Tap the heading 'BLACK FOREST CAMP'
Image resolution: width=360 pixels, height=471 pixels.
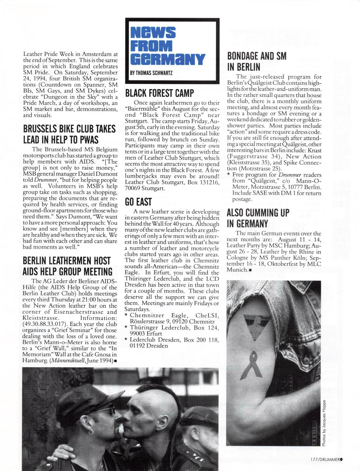point(159,93)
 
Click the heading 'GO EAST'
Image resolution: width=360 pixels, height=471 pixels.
point(138,202)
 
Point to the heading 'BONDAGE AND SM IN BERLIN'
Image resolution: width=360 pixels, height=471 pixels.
point(257,61)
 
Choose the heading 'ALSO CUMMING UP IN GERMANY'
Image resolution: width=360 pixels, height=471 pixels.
point(258,218)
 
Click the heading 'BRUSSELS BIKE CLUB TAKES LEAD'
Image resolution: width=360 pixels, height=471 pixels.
point(69,134)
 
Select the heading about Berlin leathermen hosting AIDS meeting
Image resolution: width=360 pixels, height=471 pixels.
point(68,266)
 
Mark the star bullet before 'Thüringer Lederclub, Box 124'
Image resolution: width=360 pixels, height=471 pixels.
point(126,328)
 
